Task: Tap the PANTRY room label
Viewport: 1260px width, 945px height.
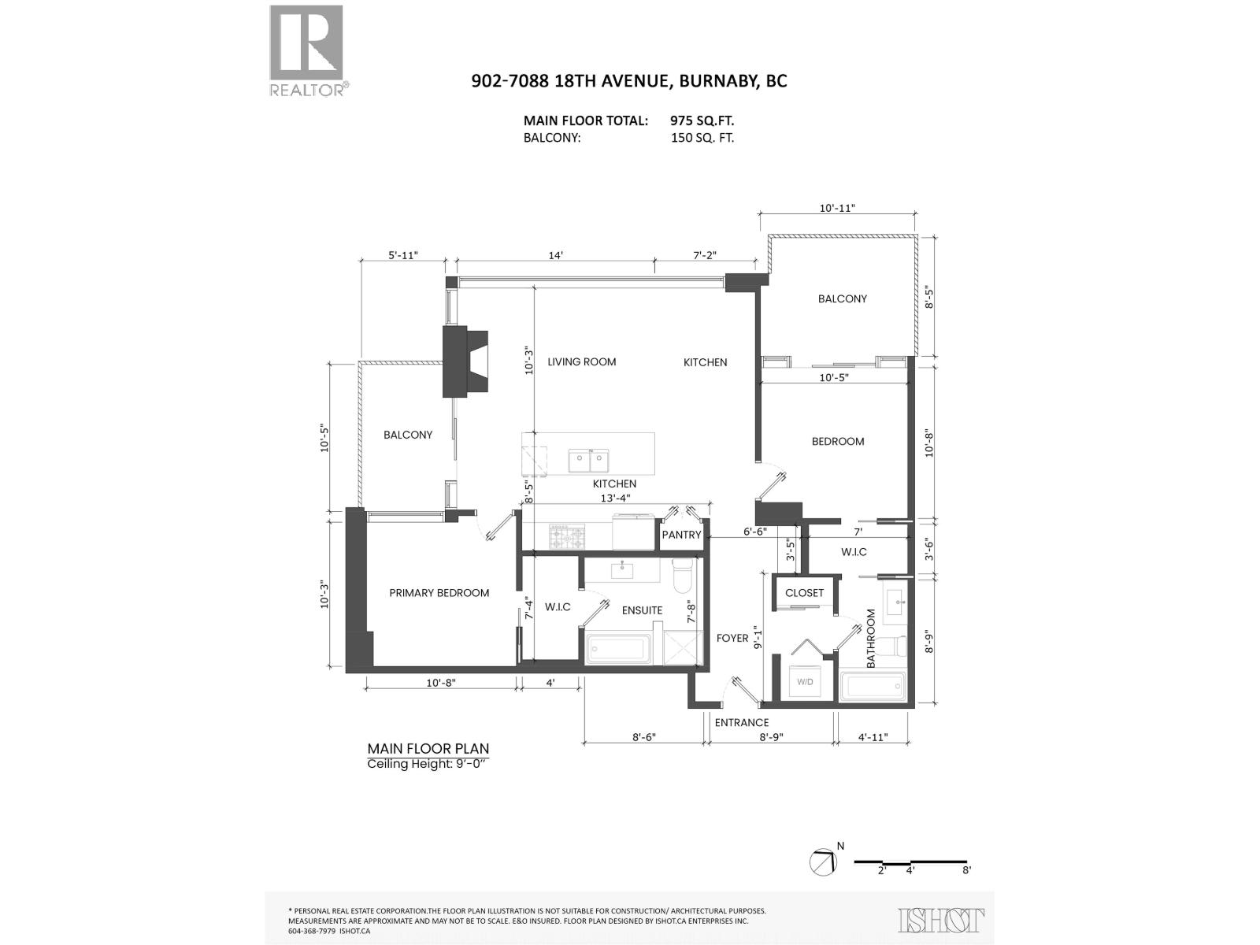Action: coord(681,535)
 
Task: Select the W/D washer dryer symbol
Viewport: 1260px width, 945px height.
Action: coord(805,682)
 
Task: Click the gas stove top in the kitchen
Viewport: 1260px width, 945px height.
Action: coord(567,536)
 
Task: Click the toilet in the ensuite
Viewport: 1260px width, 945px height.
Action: coord(683,575)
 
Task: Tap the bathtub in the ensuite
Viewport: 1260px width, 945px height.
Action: coord(617,649)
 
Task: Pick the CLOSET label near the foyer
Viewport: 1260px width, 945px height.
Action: coord(804,593)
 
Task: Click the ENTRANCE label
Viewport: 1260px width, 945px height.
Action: coord(741,722)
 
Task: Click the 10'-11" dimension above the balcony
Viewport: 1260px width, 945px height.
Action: coord(837,208)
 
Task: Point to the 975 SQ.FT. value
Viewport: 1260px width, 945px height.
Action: coord(702,120)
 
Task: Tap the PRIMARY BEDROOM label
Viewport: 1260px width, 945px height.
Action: coord(439,593)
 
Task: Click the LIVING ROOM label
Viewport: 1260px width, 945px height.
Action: coord(581,361)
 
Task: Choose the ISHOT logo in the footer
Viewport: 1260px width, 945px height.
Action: coord(941,921)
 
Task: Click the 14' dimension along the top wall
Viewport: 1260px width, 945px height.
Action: coord(554,255)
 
